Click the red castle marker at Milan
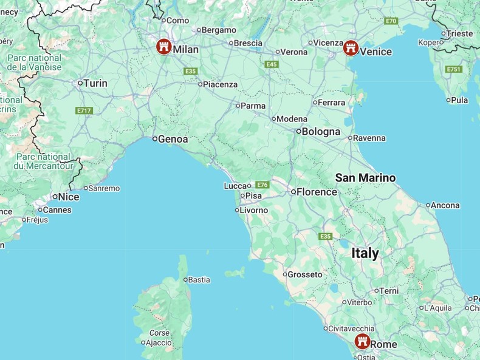coord(163,47)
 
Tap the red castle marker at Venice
coord(350,48)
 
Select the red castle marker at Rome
coord(362,341)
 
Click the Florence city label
coord(317,192)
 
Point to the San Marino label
coord(365,178)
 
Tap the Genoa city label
coord(173,139)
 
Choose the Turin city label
coord(95,83)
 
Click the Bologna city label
coord(321,131)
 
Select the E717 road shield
coord(84,110)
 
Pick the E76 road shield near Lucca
coord(262,185)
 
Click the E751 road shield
coord(454,69)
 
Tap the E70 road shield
coord(391,21)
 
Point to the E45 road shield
coord(271,64)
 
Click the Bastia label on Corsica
coord(199,280)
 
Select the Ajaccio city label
coord(159,342)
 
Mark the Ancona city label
coord(445,205)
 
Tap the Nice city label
coord(69,197)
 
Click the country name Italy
coord(365,253)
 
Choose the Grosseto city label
coord(305,274)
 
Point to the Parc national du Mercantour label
coord(43,161)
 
